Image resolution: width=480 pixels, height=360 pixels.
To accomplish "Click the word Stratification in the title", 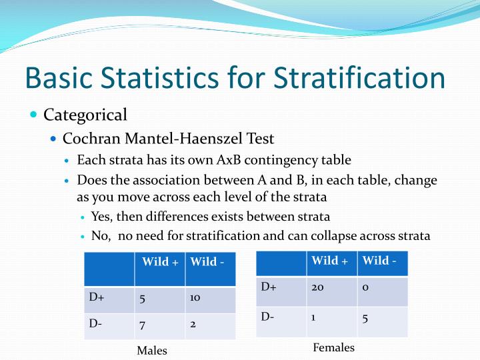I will (x=360, y=77).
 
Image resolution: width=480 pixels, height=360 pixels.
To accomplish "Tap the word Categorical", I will (x=85, y=115).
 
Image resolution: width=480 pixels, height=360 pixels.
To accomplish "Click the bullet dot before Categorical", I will (x=34, y=115).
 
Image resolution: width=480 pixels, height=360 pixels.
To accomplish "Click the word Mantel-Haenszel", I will (x=185, y=139).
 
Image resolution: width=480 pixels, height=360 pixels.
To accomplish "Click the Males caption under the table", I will (x=152, y=350).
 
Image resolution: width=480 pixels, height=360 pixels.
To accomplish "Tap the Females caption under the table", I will (x=333, y=347).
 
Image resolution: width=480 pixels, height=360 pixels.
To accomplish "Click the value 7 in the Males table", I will (x=142, y=324).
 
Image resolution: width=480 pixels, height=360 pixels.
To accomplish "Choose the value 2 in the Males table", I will (x=193, y=324).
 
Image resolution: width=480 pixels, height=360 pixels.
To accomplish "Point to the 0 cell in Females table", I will (x=365, y=287).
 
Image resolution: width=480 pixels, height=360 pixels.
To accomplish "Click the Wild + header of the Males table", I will (x=159, y=261).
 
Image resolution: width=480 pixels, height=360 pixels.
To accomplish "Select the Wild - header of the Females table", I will (x=379, y=260).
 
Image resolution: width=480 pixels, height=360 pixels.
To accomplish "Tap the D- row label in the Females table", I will (x=267, y=317).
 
